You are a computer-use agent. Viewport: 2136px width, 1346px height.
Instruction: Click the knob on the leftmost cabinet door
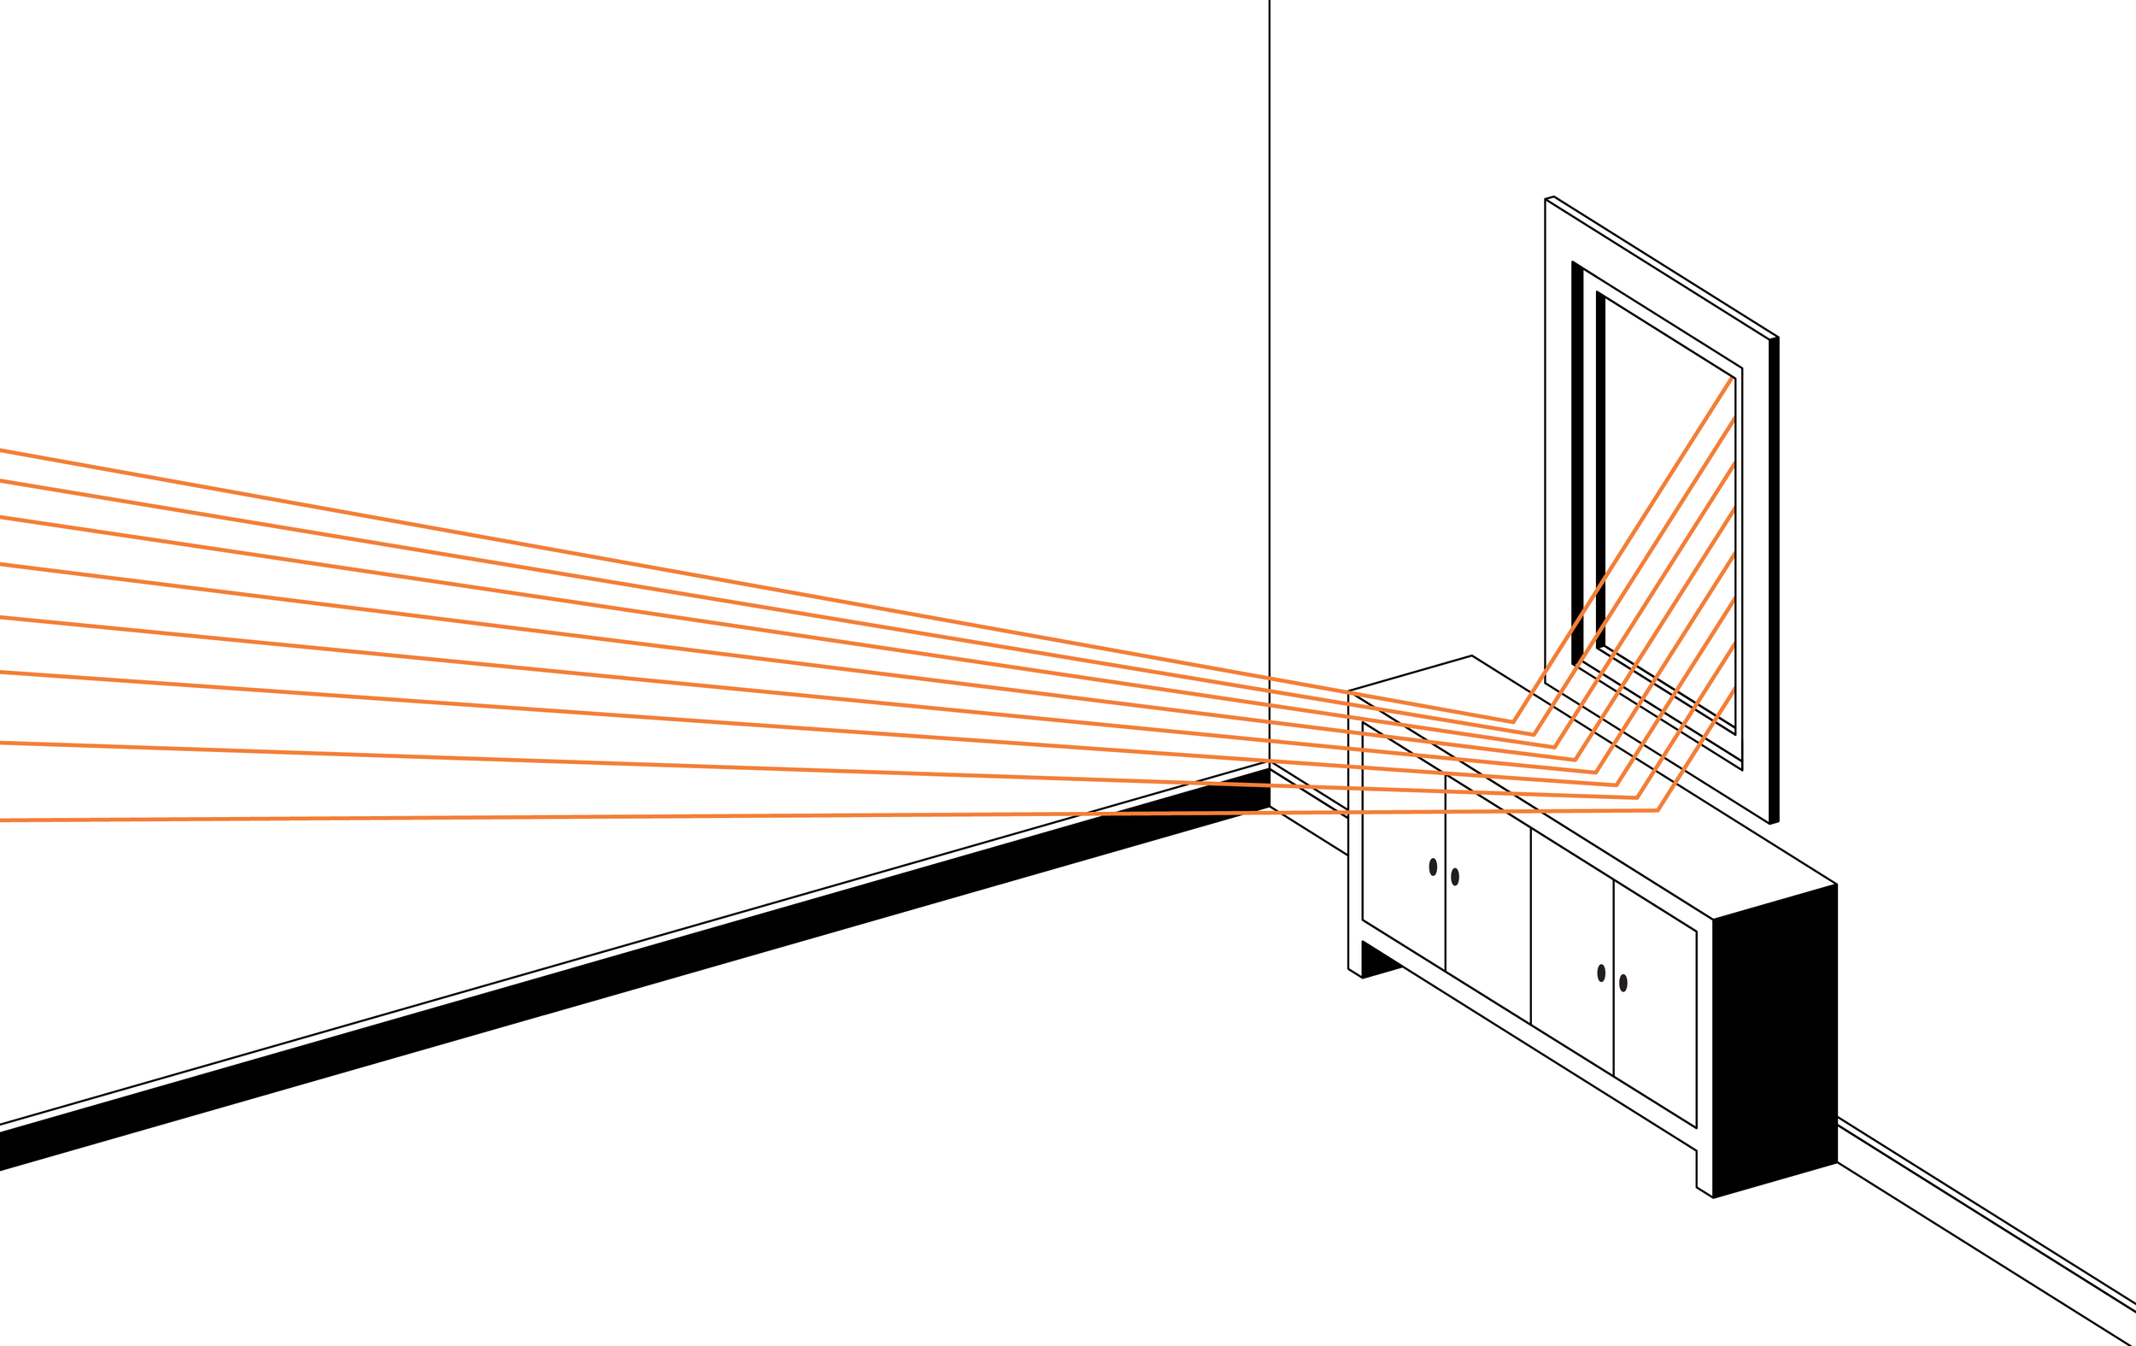pos(1433,867)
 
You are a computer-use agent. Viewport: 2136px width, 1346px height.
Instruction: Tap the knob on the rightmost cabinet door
pos(1623,983)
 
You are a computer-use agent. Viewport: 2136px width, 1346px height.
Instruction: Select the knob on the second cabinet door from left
pos(1455,878)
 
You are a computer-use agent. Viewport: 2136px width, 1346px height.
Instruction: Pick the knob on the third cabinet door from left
pos(1601,973)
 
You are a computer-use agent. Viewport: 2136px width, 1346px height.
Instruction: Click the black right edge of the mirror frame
pos(1774,577)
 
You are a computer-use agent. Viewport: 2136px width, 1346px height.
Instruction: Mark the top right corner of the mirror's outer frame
pos(1777,338)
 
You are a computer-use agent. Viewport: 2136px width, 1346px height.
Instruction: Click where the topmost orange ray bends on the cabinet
pos(1512,721)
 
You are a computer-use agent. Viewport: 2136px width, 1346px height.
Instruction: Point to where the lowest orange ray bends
pos(1657,810)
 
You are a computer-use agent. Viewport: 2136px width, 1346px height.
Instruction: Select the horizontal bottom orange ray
pos(621,817)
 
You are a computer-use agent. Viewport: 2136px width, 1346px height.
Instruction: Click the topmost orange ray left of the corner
pos(621,561)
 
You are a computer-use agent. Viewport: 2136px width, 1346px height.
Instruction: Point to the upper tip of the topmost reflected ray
pos(1732,379)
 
